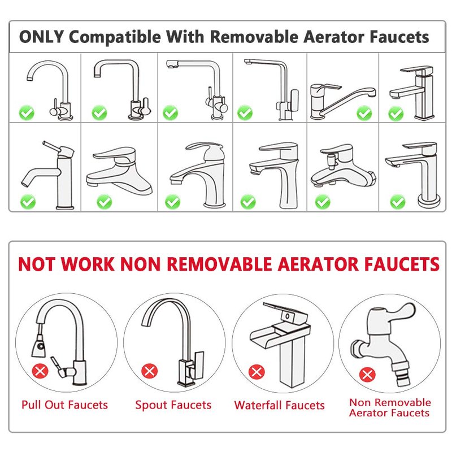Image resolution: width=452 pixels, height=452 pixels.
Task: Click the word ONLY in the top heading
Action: coord(41,37)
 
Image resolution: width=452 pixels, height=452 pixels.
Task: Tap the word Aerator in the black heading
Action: coord(333,37)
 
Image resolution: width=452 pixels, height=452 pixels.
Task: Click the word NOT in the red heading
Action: coord(37,264)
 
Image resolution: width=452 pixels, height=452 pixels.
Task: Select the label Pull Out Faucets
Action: coord(64,405)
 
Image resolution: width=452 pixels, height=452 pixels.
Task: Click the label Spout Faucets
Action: coord(173,405)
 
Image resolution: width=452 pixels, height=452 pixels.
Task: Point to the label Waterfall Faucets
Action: coord(279,405)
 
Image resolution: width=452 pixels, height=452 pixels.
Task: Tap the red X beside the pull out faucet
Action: coord(40,371)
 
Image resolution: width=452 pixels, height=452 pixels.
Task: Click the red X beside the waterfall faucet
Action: coord(257,372)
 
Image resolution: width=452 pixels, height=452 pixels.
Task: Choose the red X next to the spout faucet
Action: coord(150,371)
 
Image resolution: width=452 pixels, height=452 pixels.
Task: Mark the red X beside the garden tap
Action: coord(367,375)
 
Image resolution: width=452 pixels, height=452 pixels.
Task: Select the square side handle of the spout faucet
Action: coord(199,365)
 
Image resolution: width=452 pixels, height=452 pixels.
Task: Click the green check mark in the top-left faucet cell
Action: coord(27,112)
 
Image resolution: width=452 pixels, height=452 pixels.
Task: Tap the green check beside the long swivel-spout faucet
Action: coord(364,114)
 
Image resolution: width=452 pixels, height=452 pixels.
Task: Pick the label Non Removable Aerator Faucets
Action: coord(390,407)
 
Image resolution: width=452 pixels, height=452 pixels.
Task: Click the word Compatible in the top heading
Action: coord(115,37)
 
